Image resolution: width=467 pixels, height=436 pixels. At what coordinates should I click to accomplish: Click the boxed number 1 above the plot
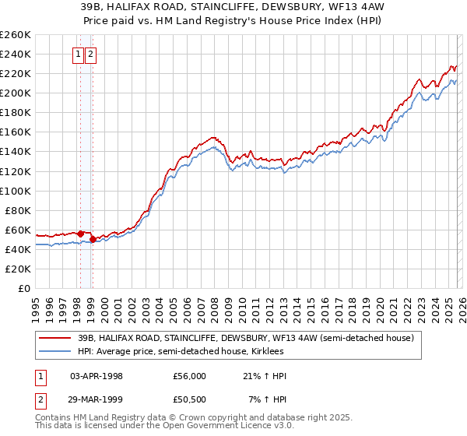79,54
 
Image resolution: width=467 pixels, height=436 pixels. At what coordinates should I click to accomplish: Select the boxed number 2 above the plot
91,54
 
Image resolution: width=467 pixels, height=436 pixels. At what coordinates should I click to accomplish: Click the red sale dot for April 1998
80,234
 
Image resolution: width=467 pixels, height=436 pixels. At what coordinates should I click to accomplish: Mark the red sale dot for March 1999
93,239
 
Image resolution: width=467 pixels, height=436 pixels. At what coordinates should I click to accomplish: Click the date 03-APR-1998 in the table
97,376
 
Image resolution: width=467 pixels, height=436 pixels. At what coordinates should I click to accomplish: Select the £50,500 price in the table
189,399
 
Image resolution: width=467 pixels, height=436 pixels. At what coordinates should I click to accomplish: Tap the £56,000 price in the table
189,376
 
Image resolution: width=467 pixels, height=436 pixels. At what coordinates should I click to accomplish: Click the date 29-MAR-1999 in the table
97,399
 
